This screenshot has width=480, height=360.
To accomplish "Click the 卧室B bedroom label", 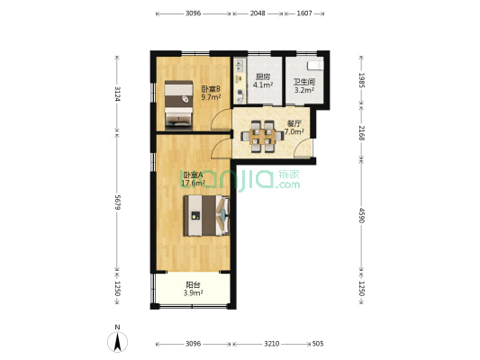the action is (211, 89).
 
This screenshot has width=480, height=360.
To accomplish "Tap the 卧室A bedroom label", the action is (192, 175).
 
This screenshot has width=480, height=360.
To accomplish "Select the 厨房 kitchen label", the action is (263, 76).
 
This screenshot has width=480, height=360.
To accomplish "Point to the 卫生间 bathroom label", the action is (304, 82).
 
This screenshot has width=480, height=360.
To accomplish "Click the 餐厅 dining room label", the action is (294, 123).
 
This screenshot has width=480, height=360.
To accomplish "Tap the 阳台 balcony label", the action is (193, 285).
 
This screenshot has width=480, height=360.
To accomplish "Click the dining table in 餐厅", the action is (262, 137).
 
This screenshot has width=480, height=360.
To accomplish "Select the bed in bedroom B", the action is (178, 104).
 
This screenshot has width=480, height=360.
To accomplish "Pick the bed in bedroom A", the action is (206, 216).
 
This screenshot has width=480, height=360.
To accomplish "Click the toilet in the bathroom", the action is (315, 66).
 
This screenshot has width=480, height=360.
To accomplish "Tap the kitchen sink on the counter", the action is (239, 65).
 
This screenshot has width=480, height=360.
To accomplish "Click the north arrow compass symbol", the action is (117, 341).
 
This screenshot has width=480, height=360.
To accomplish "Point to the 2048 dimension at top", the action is (258, 13).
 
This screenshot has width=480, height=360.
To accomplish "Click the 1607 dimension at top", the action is (304, 13).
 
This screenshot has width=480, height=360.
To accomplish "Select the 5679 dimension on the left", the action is (117, 202).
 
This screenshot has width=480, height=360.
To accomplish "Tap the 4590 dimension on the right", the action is (362, 216).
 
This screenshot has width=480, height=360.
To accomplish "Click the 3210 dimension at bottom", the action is (272, 344).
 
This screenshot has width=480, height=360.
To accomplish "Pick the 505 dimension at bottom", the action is (318, 344).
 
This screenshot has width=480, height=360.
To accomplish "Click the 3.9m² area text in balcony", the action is (193, 293).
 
